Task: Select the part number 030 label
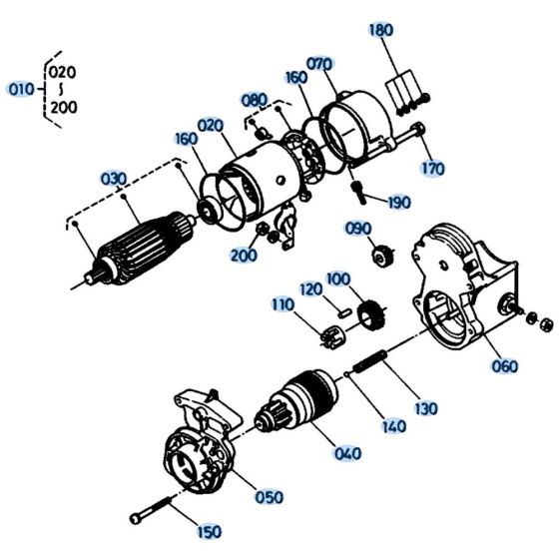(114, 179)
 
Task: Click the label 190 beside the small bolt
(397, 203)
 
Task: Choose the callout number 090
(357, 229)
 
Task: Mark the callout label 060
(504, 365)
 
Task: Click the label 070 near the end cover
(319, 64)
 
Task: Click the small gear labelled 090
(381, 258)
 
